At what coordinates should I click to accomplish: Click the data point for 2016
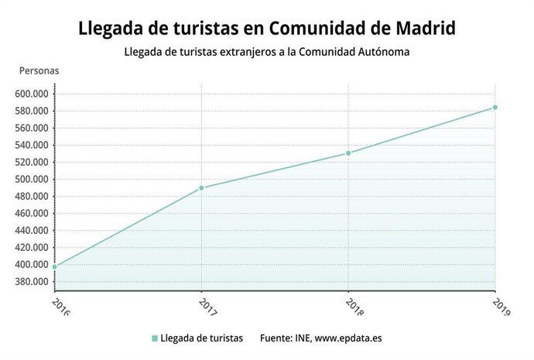55,266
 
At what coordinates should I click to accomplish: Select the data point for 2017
201,188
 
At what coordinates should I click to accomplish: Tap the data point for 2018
348,153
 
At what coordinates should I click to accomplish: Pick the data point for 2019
495,108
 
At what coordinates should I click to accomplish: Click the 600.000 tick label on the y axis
32,94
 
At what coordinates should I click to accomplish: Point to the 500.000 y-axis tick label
32,179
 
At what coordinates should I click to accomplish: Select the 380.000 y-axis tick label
32,281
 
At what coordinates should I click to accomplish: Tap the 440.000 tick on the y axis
32,230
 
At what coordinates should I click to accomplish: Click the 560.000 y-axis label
32,128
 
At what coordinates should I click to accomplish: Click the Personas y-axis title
39,70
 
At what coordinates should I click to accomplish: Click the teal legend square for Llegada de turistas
155,338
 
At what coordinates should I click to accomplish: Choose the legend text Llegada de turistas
202,338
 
